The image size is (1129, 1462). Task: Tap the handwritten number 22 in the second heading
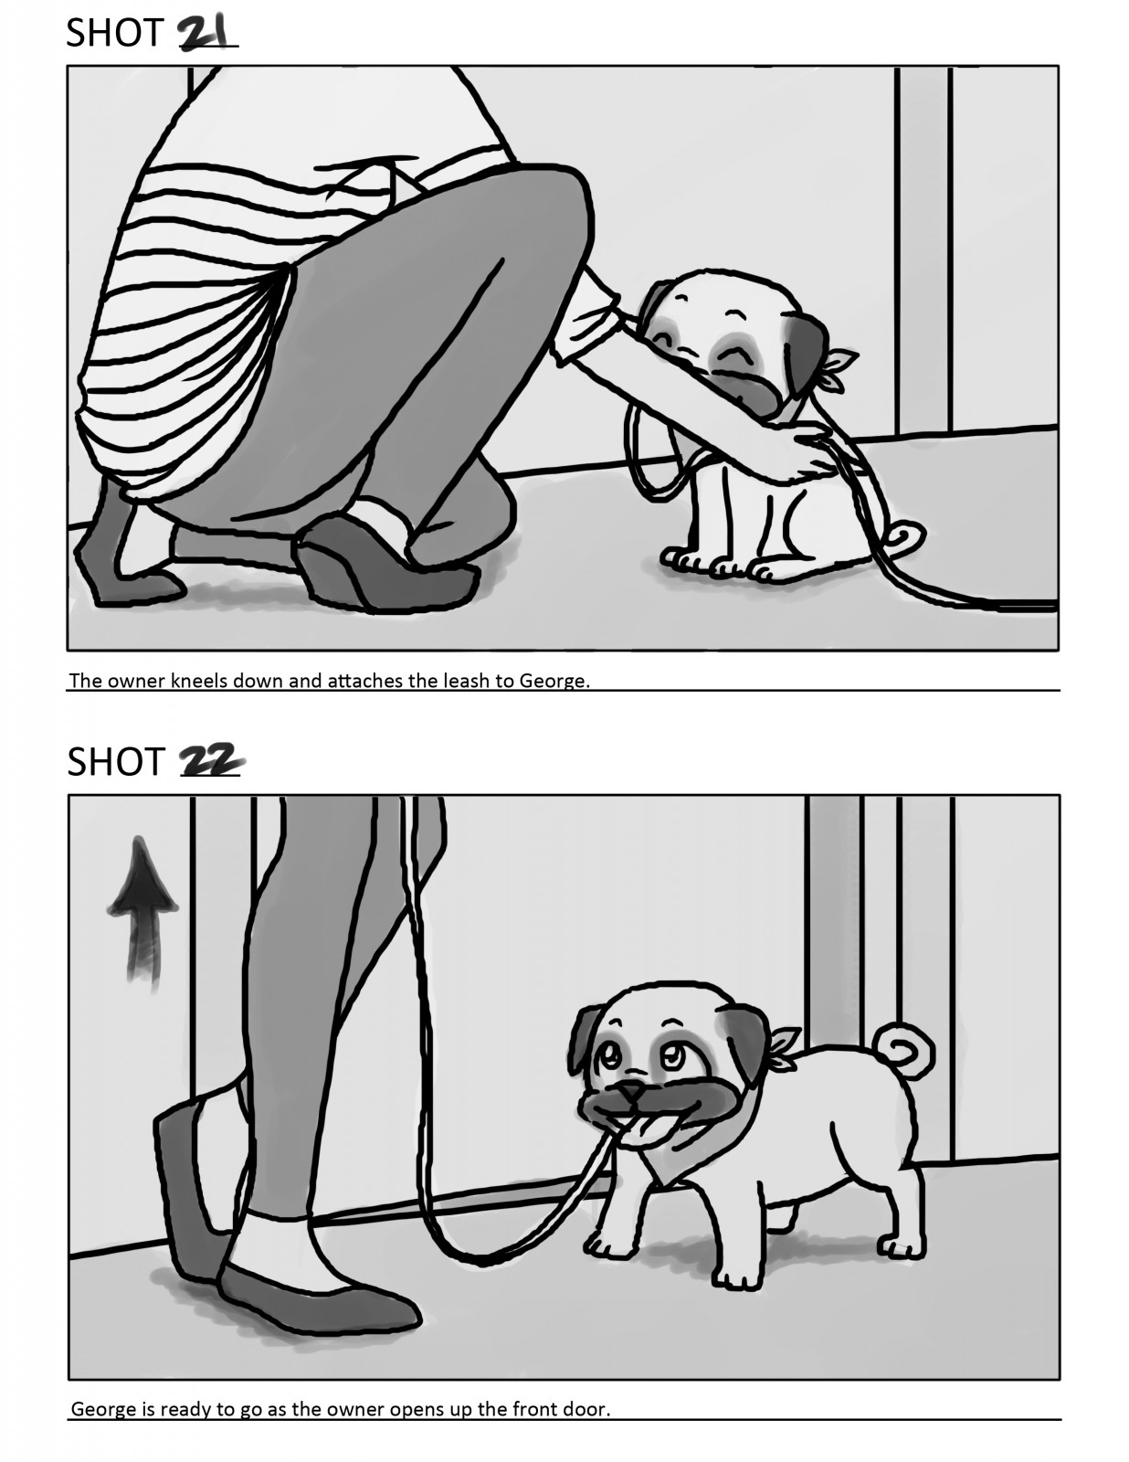(x=211, y=761)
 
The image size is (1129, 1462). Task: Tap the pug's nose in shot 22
(x=631, y=1091)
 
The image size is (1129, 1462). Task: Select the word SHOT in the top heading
(x=115, y=33)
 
